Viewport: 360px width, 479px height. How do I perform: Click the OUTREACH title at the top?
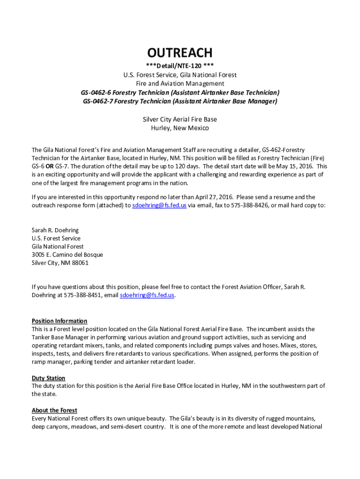click(x=180, y=52)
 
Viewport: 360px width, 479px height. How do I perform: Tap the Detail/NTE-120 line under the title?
click(x=180, y=66)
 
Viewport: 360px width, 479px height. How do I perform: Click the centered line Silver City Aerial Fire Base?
click(x=180, y=119)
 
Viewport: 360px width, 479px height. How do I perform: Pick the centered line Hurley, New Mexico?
click(x=180, y=128)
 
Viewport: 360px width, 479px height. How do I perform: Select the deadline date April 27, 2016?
click(x=215, y=197)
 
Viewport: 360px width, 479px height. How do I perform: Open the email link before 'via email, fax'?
click(x=159, y=205)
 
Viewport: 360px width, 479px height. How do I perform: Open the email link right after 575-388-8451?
click(x=147, y=295)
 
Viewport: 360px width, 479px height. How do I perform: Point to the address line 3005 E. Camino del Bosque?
click(x=67, y=254)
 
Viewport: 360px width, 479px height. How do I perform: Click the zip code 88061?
click(x=80, y=263)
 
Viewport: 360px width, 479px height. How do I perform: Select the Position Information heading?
click(x=59, y=321)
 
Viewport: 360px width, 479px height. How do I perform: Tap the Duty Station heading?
click(x=49, y=378)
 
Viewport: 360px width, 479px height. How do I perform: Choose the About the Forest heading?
click(x=54, y=410)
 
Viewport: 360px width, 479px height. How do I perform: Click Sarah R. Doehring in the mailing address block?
click(x=55, y=230)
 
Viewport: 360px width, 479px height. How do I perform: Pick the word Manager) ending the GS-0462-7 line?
click(x=262, y=101)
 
